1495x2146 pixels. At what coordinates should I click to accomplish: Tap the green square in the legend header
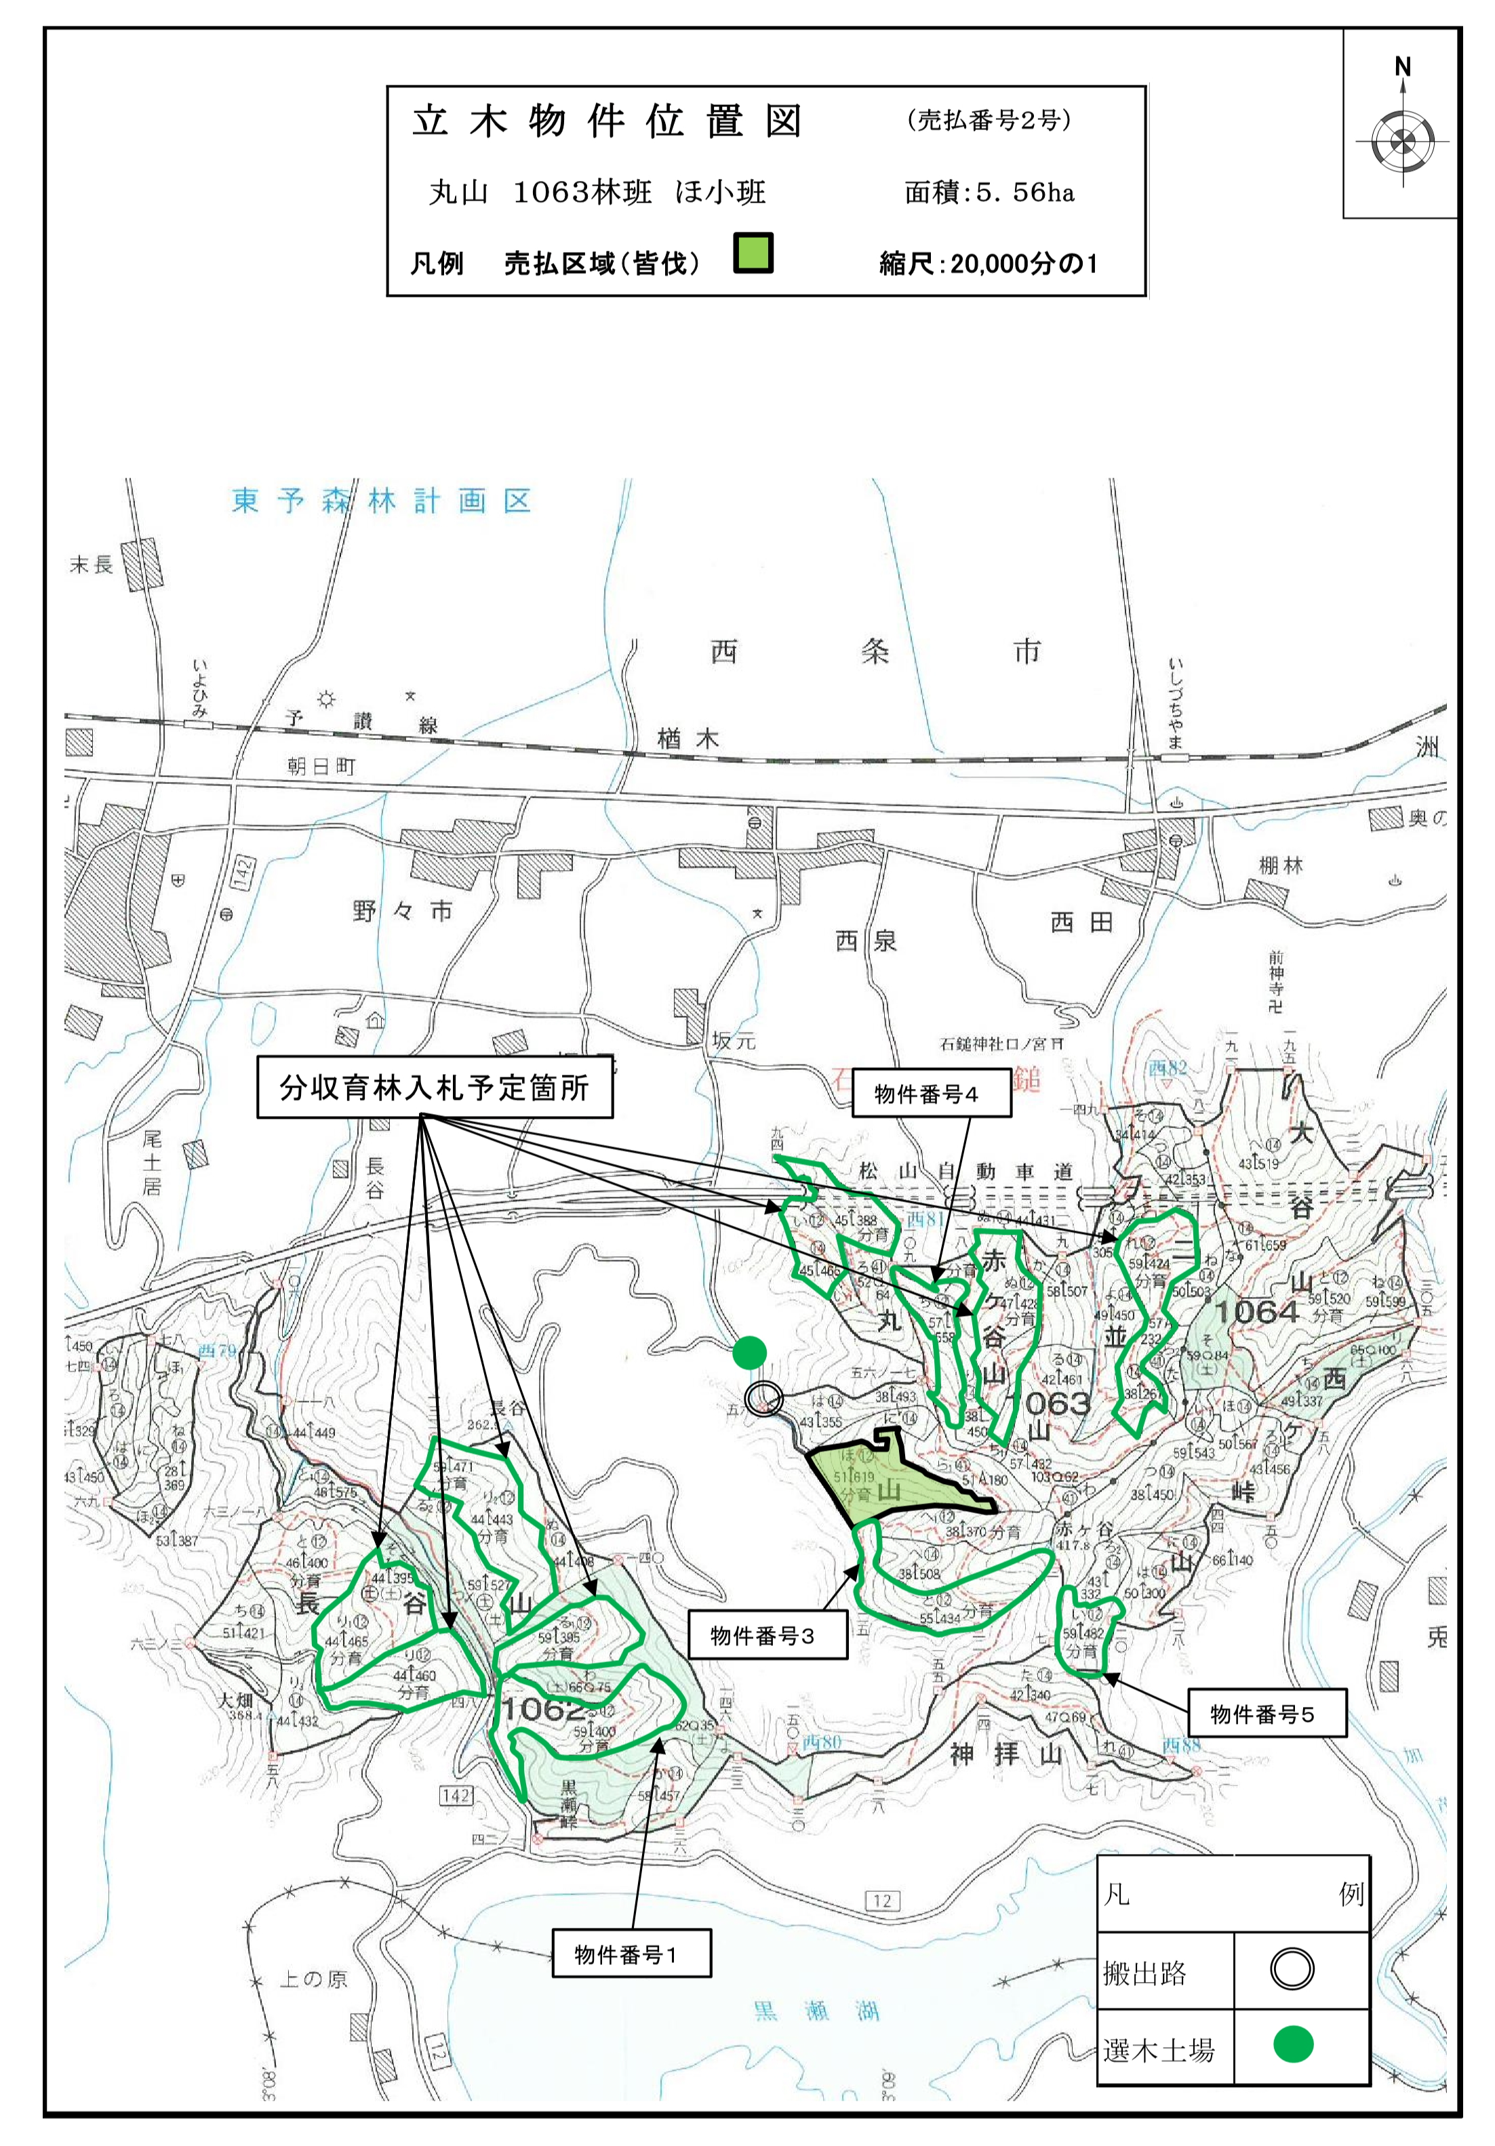(752, 252)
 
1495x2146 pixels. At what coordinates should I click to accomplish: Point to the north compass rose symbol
(1401, 142)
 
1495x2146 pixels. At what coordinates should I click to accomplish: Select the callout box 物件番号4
(930, 1094)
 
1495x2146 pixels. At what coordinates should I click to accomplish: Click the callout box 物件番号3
(767, 1634)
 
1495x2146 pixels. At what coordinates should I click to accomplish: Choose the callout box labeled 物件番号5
(1266, 1713)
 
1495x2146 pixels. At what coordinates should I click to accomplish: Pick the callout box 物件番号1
(631, 1954)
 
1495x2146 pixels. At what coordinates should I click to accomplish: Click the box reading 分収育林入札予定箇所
(435, 1087)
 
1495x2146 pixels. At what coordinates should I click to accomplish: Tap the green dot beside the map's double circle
(750, 1353)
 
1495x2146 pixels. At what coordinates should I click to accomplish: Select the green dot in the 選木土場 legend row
(1293, 2044)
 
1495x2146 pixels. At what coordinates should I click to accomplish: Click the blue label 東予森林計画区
(382, 502)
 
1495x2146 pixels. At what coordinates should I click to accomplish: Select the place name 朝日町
(321, 766)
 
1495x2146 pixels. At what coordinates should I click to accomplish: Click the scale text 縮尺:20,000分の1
(989, 264)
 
